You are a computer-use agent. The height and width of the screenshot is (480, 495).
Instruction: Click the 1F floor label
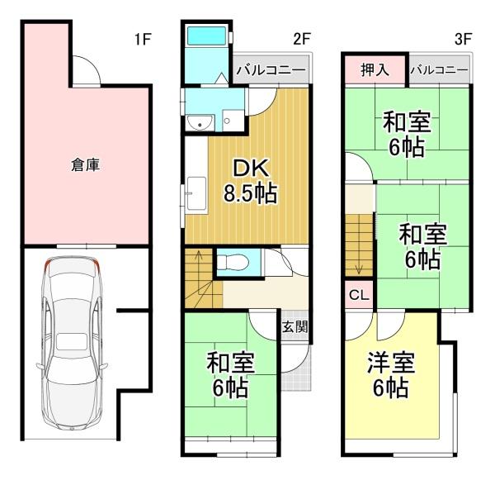[143, 40]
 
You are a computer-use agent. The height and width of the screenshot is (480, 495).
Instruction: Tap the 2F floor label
[302, 40]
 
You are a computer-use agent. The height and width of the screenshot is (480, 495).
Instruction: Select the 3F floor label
[463, 40]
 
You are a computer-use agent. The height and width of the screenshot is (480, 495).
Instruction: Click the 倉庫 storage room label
[85, 164]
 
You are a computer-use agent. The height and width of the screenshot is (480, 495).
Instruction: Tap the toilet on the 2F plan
[233, 262]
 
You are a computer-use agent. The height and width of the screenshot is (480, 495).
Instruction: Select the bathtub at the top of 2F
[206, 36]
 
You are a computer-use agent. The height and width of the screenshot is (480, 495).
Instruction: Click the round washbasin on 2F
[200, 122]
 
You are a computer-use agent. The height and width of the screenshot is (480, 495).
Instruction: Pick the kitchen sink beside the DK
[196, 194]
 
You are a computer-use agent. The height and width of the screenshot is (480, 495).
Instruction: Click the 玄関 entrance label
[295, 327]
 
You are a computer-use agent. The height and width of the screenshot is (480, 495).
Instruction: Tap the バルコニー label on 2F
[271, 70]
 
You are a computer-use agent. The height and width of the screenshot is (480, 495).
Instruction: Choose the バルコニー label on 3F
[439, 70]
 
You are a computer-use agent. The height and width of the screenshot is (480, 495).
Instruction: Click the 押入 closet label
[375, 69]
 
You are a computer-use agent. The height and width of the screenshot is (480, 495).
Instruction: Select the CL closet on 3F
[359, 295]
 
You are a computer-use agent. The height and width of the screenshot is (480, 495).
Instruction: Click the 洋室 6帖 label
[391, 375]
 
